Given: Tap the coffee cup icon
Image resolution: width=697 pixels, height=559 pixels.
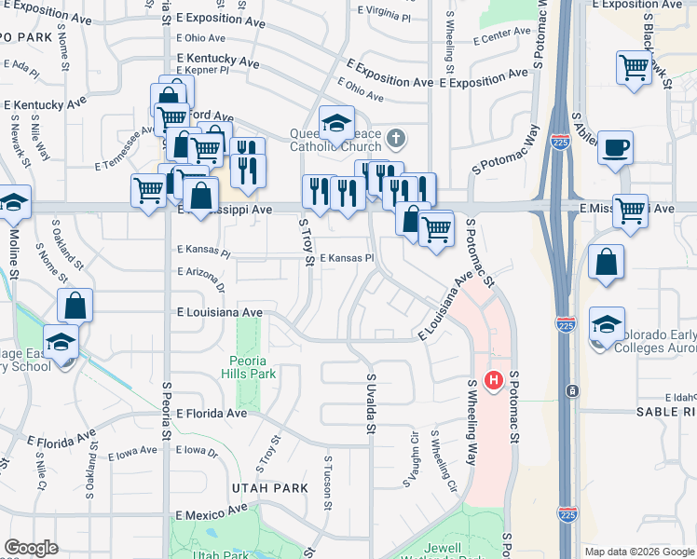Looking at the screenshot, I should (x=615, y=149).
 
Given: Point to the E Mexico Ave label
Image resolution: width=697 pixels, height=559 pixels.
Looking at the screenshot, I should (x=212, y=512).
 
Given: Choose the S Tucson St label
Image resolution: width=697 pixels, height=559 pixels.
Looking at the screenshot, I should (x=328, y=483).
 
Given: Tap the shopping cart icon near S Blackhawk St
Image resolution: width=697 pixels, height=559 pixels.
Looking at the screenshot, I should (x=634, y=68).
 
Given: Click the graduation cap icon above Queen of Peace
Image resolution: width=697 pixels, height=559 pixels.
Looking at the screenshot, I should (x=336, y=122).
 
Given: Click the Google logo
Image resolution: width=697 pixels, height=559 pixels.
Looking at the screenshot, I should (x=31, y=548).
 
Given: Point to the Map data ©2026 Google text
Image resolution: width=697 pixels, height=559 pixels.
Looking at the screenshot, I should (x=638, y=552).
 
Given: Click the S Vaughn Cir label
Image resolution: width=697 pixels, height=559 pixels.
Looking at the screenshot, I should (x=410, y=458).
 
